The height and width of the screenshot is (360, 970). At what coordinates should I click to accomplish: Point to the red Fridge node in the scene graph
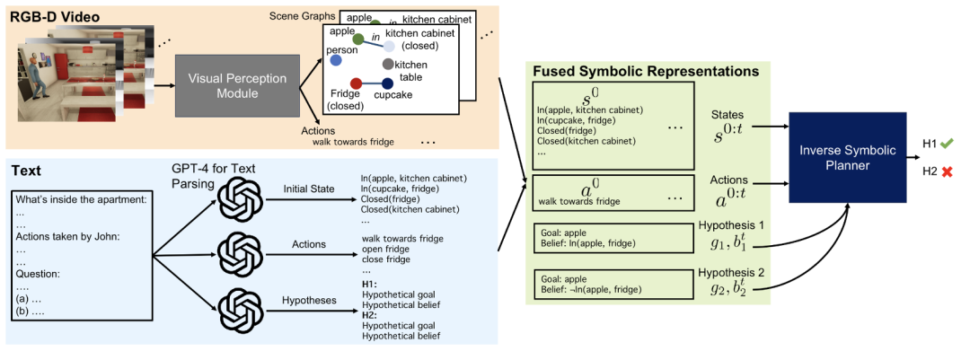tap(356, 83)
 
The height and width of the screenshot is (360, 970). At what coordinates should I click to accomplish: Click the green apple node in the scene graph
tap(357, 40)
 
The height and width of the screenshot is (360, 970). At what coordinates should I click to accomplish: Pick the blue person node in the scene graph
tap(335, 60)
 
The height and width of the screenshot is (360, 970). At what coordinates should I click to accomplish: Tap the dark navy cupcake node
tap(387, 83)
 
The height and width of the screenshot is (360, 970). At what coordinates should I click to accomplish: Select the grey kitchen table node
tap(388, 65)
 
